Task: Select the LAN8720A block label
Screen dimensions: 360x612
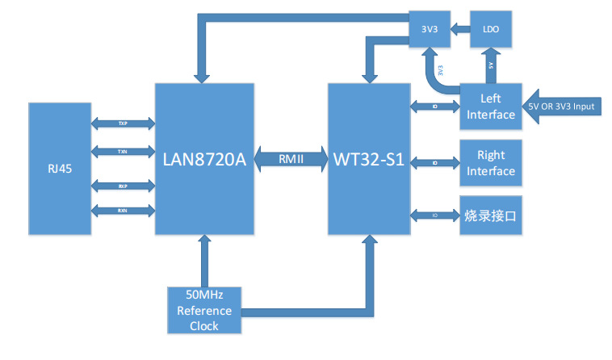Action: [x=204, y=158]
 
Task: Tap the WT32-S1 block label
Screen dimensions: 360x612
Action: [x=369, y=158]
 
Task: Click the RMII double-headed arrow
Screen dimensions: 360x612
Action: [x=291, y=158]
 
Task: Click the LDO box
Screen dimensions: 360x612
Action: [x=490, y=30]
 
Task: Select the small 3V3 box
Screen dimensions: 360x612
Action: [x=430, y=30]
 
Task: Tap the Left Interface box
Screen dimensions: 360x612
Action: [x=491, y=107]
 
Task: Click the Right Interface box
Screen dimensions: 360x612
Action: [x=491, y=162]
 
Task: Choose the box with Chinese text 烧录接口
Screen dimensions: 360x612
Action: [x=491, y=216]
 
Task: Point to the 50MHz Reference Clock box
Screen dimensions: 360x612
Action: [x=203, y=310]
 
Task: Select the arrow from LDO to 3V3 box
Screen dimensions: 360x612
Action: [x=460, y=30]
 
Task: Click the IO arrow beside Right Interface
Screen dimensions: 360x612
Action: [x=435, y=162]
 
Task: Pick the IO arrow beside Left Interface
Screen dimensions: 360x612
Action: [x=435, y=107]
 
